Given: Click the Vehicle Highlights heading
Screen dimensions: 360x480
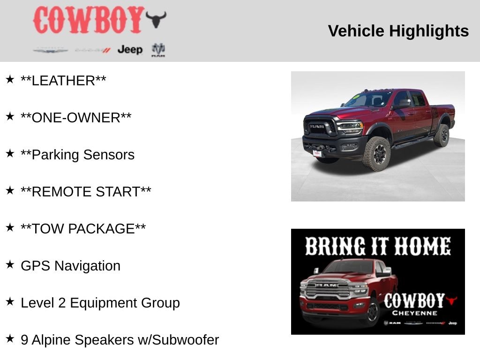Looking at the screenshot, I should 398,31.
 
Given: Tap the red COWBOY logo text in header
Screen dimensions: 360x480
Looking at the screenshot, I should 88,20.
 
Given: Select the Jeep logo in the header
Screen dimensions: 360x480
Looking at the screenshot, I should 130,50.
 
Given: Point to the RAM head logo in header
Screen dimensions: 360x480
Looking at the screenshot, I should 158,49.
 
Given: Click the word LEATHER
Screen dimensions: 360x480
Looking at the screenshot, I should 63,81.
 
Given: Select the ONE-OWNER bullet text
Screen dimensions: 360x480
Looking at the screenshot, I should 76,118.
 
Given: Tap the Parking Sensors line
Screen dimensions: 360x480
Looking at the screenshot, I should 77,155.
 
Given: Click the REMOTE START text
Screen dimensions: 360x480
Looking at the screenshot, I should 86,192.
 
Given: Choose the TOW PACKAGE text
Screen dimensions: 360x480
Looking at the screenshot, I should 83,229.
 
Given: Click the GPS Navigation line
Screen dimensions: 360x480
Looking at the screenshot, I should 70,266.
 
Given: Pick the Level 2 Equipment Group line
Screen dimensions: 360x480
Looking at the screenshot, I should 100,303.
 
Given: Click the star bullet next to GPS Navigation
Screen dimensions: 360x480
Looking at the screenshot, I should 10,264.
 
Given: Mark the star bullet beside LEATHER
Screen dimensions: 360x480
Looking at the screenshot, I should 10,79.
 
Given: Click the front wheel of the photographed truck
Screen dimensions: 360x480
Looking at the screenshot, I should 376,153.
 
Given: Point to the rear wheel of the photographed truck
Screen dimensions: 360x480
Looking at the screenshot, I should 441,135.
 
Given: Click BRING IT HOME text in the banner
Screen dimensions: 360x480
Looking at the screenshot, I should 378,247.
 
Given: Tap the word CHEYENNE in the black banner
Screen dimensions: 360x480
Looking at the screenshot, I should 414,313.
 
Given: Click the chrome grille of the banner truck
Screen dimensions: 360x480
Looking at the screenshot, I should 328,289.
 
